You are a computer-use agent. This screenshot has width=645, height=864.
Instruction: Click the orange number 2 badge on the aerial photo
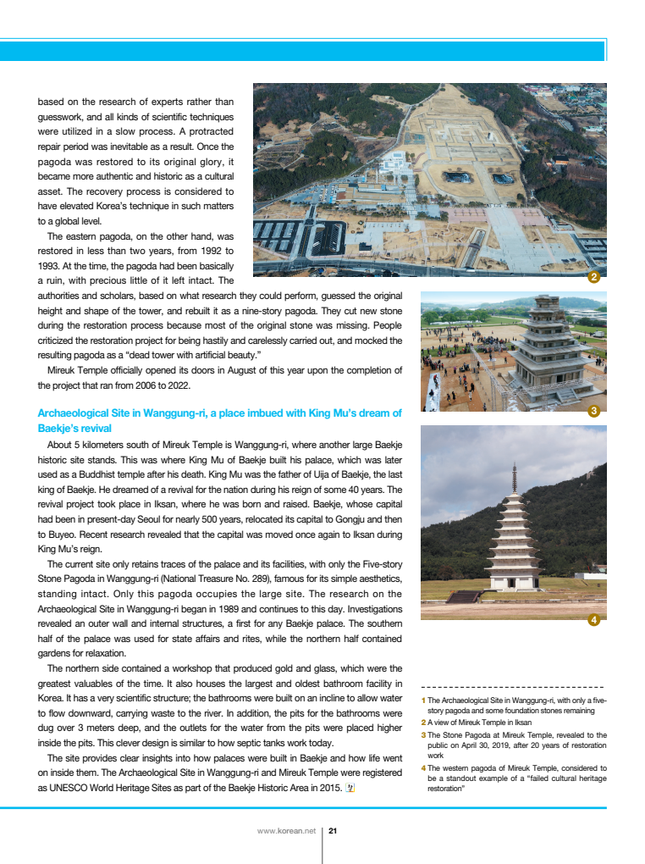pos(594,277)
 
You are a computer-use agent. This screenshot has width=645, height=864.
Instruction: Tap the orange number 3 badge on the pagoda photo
pos(594,412)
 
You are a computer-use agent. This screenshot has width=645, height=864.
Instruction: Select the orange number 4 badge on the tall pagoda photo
pos(594,620)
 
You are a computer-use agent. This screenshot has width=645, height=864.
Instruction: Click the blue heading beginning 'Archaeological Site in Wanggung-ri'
pos(219,413)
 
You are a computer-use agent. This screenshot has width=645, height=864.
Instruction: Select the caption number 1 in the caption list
pos(423,701)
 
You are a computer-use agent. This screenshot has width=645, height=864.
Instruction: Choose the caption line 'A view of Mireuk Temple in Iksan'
pos(479,723)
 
